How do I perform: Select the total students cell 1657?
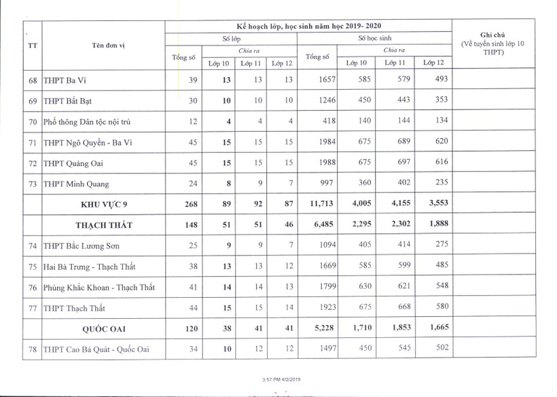(326, 80)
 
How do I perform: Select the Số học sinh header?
(374, 38)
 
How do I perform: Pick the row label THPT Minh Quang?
(75, 184)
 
